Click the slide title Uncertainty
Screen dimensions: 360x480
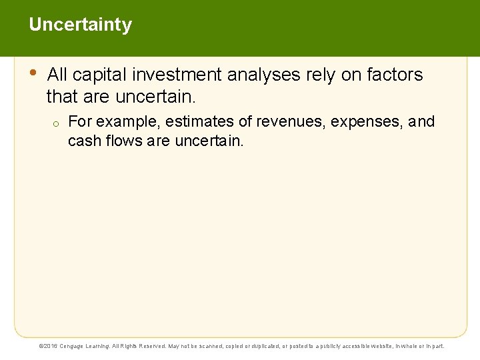(x=80, y=25)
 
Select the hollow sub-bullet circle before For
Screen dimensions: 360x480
(x=57, y=123)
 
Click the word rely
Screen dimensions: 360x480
(x=321, y=75)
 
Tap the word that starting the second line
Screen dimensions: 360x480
(x=62, y=97)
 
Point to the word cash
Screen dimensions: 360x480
(x=83, y=141)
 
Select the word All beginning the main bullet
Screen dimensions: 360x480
(x=57, y=75)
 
